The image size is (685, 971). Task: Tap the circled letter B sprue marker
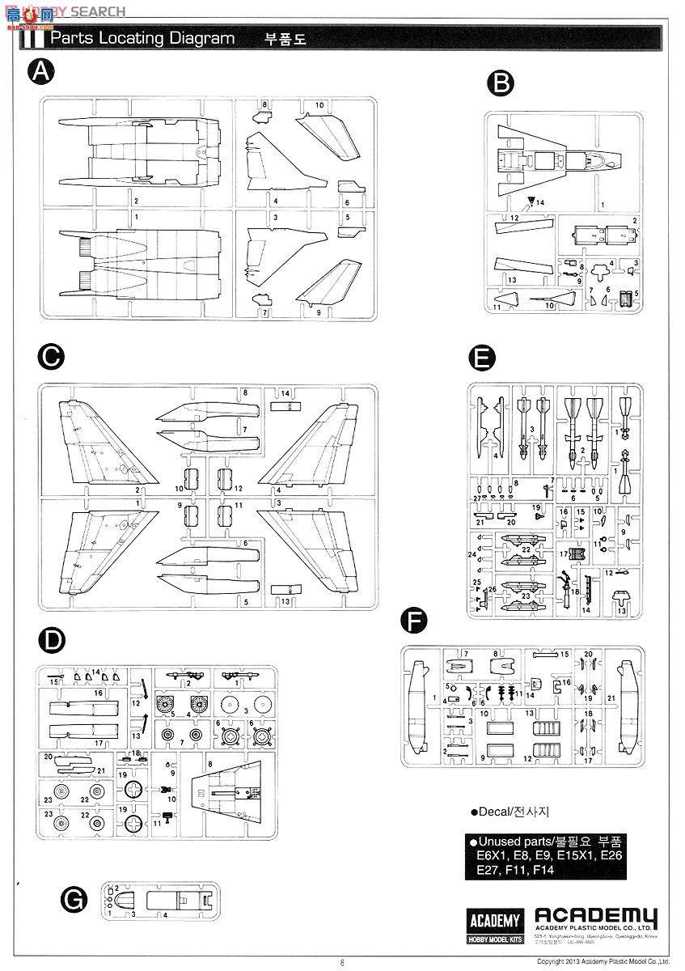point(501,82)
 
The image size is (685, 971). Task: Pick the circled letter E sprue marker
point(482,359)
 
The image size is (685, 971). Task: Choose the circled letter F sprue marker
point(414,621)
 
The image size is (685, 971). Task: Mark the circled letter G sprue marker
point(74,899)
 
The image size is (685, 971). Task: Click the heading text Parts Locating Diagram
point(143,38)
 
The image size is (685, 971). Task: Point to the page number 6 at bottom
point(343,962)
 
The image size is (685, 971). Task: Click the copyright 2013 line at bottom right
point(603,961)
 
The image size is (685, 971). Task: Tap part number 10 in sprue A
point(319,105)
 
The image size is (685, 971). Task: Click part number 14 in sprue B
point(541,201)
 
